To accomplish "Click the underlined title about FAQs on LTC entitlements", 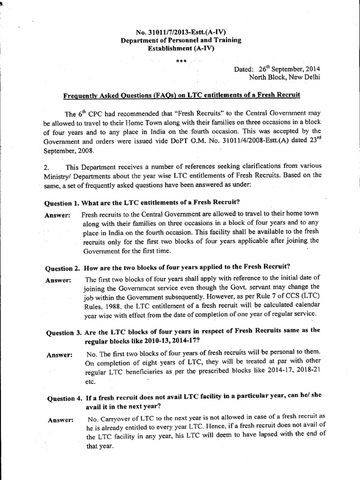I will pos(181,95).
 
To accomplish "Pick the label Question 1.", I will pos(62,203).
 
